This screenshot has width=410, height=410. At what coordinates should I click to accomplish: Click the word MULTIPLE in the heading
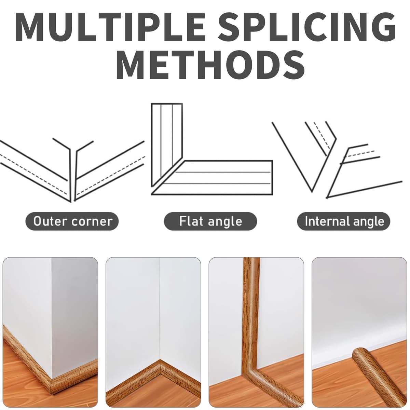(111, 27)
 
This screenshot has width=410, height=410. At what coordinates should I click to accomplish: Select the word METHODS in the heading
(210, 64)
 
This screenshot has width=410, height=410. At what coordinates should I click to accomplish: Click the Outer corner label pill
(72, 221)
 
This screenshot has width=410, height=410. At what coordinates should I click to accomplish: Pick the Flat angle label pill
(210, 221)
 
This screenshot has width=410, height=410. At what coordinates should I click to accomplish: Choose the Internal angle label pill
(344, 221)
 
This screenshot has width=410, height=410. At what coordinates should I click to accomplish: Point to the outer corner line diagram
(72, 170)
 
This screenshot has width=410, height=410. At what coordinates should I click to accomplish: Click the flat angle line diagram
(212, 149)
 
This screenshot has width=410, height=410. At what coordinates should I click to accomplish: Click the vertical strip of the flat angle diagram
(167, 145)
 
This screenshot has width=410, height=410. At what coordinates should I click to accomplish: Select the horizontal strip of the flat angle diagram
(213, 178)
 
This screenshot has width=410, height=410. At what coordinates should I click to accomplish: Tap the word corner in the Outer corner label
(92, 222)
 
